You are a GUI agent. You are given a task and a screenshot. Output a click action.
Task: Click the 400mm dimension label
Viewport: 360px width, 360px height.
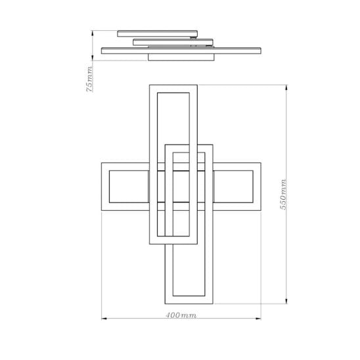coord(181,315)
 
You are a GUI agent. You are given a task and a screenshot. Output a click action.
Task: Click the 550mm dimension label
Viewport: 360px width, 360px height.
coord(284,194)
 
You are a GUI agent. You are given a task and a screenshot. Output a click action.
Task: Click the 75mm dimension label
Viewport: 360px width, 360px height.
coord(89,79)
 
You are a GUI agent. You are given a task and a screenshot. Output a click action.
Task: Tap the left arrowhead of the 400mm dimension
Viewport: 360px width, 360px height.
coord(104,319)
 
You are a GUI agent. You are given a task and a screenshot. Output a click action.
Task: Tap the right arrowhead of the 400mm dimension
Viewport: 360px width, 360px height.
coord(258,319)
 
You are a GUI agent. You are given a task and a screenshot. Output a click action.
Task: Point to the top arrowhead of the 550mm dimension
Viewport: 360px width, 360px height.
coord(286,87)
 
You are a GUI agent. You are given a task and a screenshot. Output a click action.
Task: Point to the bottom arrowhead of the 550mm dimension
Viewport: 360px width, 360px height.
coord(286,301)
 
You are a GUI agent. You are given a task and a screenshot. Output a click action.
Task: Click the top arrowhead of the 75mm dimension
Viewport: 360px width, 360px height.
coord(92,33)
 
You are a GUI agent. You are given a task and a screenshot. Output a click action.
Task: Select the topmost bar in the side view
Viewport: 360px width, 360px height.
coord(157,34)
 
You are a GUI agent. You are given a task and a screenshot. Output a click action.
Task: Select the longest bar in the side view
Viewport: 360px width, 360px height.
coord(181,51)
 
